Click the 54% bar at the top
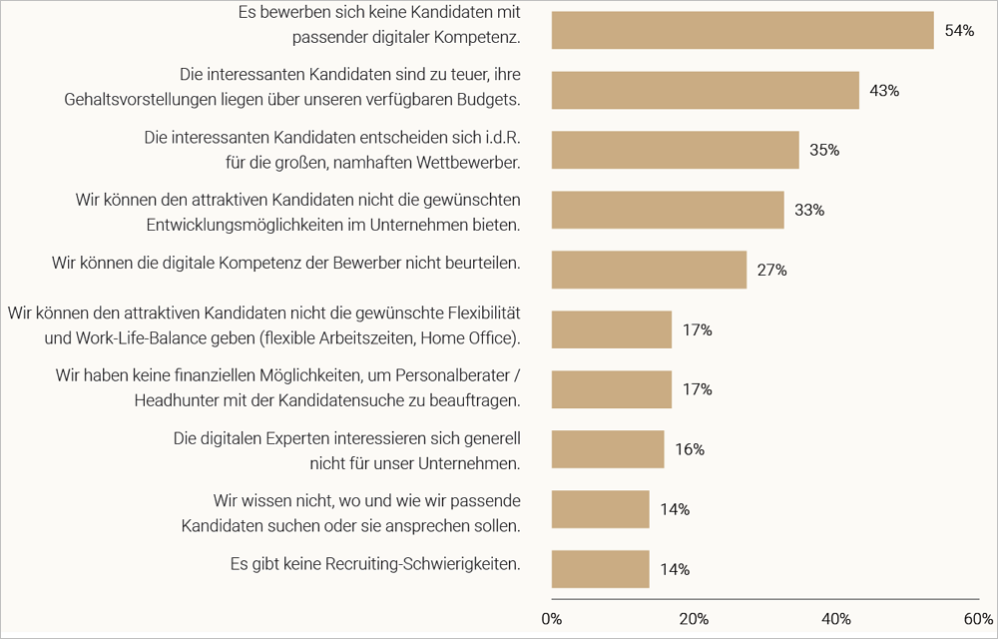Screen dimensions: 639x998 [x=743, y=30]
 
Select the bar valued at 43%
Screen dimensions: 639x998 [x=705, y=90]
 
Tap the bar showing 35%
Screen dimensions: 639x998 [x=675, y=150]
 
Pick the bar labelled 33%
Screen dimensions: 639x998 [x=668, y=210]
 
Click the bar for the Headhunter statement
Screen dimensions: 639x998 [x=611, y=389]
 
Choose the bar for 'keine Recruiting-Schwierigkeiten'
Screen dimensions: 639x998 [x=600, y=569]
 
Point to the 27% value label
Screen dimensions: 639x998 [x=772, y=270]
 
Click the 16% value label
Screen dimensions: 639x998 [x=690, y=449]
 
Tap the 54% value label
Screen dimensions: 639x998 [x=959, y=30]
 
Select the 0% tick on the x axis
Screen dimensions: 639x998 [x=551, y=618]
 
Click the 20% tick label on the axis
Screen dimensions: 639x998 [x=694, y=618]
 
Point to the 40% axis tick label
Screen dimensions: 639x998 [x=835, y=618]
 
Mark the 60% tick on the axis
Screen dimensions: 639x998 [x=978, y=618]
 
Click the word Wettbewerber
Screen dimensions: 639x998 [x=472, y=161]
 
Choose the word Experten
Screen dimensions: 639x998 [x=300, y=438]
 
